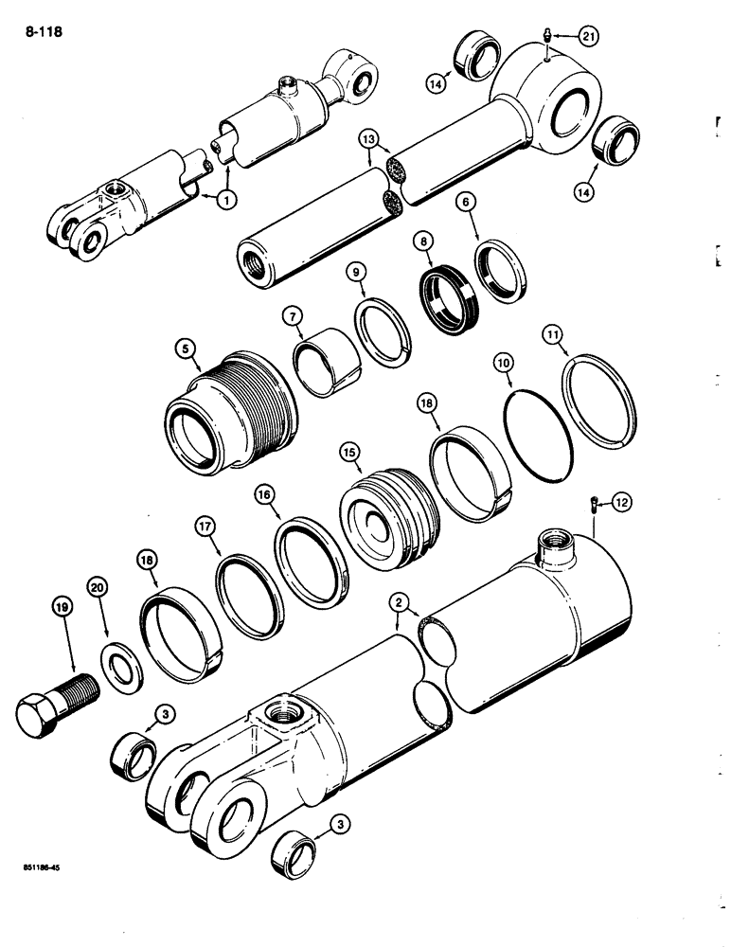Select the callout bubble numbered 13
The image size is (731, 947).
coord(371,143)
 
